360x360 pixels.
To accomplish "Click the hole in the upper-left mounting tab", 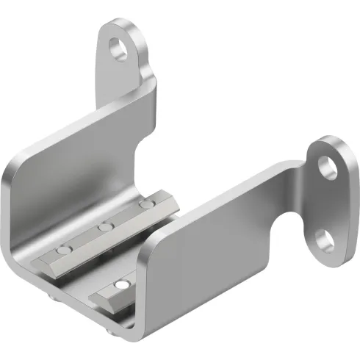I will [x=117, y=50].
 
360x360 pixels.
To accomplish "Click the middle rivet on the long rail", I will [x=107, y=228].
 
